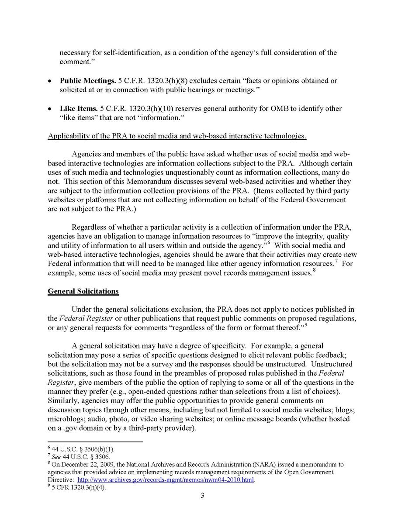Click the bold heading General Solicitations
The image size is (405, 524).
83,291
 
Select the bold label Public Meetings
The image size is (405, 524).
88,81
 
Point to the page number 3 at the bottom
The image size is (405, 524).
202,496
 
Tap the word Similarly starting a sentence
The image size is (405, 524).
62,400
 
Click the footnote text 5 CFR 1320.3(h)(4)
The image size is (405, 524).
79,488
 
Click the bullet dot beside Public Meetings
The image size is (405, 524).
51,81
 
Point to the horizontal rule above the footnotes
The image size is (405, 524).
95,442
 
